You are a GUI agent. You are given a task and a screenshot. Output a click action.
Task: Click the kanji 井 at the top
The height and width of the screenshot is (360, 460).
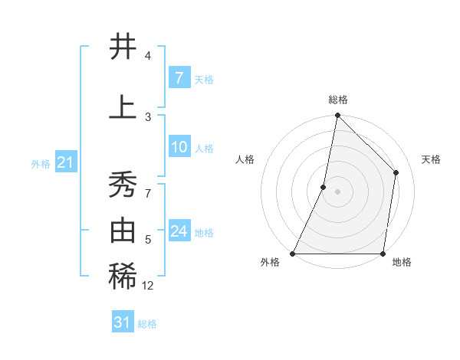point(123,47)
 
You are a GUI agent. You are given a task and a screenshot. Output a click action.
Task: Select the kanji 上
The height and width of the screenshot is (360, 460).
point(123,107)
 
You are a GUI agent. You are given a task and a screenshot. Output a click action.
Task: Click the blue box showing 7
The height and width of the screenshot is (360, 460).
point(179,78)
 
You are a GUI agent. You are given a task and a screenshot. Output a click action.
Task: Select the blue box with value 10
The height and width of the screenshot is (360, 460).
point(179,147)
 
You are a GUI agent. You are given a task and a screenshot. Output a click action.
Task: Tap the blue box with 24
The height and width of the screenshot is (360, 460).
point(179,231)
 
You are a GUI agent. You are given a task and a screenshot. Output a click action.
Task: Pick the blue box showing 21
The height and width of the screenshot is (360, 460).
point(65,162)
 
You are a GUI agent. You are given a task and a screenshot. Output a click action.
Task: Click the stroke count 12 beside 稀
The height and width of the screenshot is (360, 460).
point(147,286)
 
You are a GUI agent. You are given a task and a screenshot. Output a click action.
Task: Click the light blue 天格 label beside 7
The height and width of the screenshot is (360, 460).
point(204,80)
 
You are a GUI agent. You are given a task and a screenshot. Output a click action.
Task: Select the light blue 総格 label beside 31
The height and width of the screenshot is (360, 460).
point(147,324)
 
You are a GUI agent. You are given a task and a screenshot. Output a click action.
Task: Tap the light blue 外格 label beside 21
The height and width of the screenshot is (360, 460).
point(41,164)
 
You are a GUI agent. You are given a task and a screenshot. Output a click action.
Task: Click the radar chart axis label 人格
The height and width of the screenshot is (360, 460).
point(245,159)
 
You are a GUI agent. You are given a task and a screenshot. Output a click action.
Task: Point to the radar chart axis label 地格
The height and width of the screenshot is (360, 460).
point(402,263)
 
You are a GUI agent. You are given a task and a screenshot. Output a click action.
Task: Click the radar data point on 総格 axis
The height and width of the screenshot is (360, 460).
point(337,115)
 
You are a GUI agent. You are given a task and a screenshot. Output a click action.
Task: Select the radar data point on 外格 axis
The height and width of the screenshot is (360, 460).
point(293,254)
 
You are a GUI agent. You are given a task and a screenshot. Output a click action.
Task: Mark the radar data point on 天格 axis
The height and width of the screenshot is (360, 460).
point(396,172)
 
